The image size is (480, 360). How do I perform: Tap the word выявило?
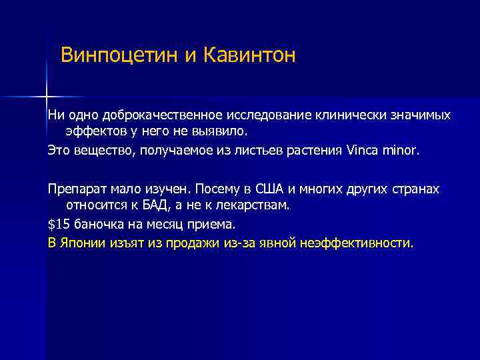(x=222, y=131)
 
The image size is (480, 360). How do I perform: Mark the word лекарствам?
(x=255, y=205)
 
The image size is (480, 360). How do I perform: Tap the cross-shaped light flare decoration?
(x=47, y=96)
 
